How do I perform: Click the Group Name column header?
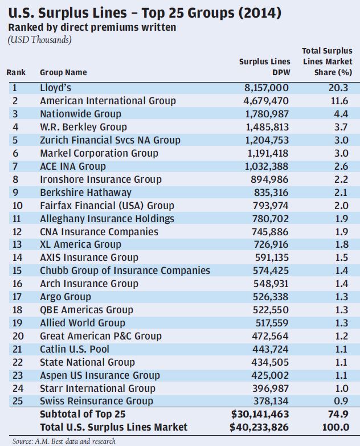tap(63, 73)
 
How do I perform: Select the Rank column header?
tap(16, 73)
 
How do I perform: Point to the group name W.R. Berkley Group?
tap(83, 127)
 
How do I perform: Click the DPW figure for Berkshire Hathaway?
tap(268, 193)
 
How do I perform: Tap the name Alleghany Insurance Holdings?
tap(107, 219)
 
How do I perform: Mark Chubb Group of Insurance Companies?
tap(125, 271)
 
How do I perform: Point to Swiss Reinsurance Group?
tap(96, 401)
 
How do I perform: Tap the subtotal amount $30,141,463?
tap(260, 414)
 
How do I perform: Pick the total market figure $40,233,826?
tap(260, 427)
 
